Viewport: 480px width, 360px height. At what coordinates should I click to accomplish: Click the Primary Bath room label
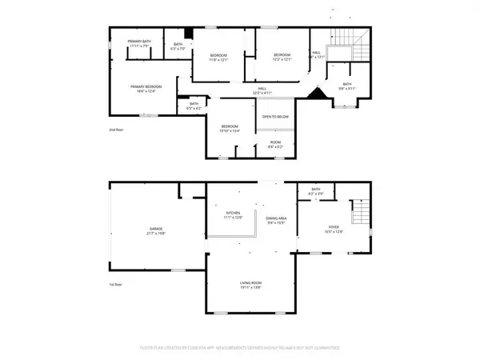tap(140, 44)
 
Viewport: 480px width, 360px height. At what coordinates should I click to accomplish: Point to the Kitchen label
tap(232, 215)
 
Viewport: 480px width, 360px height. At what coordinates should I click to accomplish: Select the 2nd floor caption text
tap(118, 130)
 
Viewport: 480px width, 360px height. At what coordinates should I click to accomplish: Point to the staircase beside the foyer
tap(362, 213)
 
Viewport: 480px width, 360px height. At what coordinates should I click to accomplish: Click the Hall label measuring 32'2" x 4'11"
tap(262, 90)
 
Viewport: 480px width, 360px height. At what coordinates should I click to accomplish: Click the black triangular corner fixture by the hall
tap(319, 94)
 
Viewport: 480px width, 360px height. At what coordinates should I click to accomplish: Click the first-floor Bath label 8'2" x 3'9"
tap(315, 192)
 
